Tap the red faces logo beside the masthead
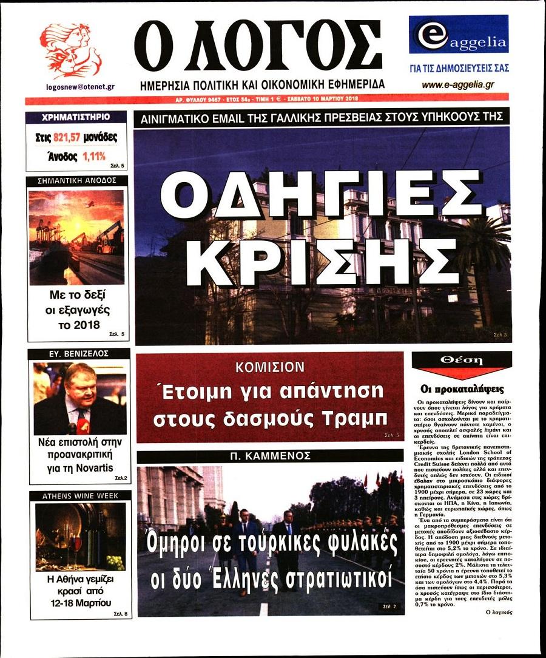click(71, 50)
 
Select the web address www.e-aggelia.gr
click(457, 85)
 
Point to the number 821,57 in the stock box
click(72, 138)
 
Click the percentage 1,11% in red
click(93, 157)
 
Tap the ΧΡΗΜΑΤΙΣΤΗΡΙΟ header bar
click(76, 117)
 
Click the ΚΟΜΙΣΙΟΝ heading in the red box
click(269, 367)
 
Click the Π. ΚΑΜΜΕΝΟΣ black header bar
click(270, 456)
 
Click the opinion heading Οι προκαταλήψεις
click(462, 389)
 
